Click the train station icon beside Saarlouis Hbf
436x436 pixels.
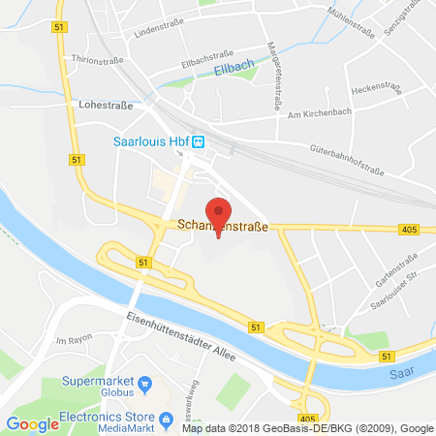pos(197,141)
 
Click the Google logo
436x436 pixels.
pos(32,423)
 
